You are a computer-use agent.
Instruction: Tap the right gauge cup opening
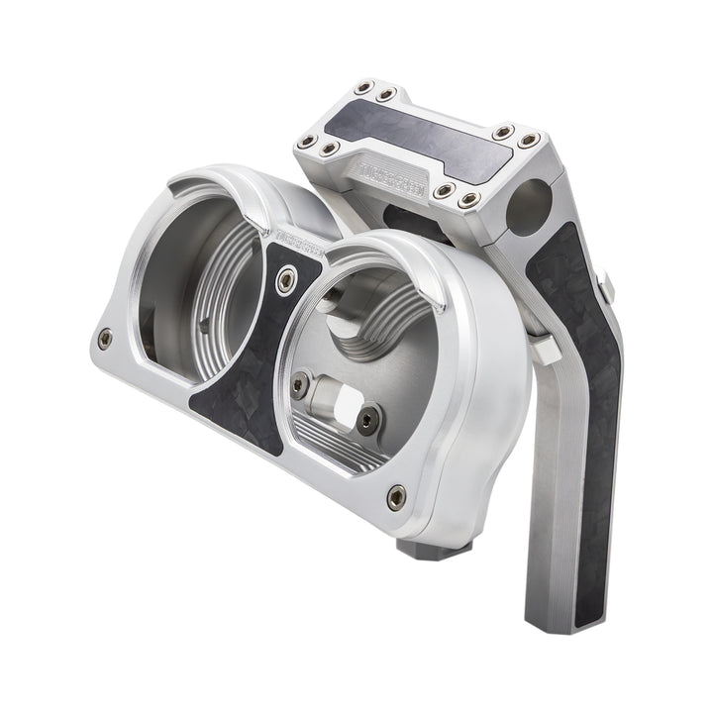376,347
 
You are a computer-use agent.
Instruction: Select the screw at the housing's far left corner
105,339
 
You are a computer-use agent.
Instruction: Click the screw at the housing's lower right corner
396,495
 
